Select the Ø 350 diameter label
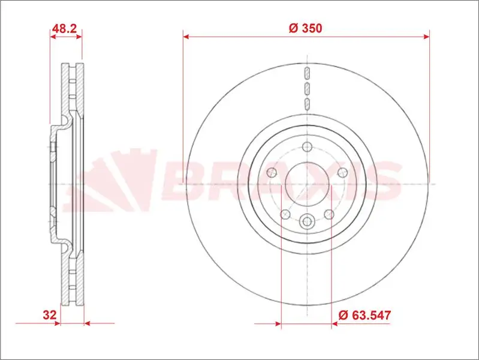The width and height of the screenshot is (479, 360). (306, 28)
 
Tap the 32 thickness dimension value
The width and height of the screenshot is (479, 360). (50, 314)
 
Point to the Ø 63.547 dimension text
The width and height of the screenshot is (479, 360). (365, 314)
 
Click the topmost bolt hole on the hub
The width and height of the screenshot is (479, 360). (307, 147)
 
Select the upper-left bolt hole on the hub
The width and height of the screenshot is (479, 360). (272, 173)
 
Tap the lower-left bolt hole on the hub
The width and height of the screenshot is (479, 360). (285, 214)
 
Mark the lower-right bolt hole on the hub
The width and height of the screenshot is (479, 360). (329, 214)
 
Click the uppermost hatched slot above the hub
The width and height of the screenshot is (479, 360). (306, 74)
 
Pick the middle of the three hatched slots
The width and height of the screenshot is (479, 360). (306, 89)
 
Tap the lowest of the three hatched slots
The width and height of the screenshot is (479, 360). (306, 104)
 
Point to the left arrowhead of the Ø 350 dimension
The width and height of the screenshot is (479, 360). (186, 37)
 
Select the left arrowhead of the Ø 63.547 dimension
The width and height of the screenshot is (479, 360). (278, 323)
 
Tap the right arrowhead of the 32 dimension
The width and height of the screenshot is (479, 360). (87, 323)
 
